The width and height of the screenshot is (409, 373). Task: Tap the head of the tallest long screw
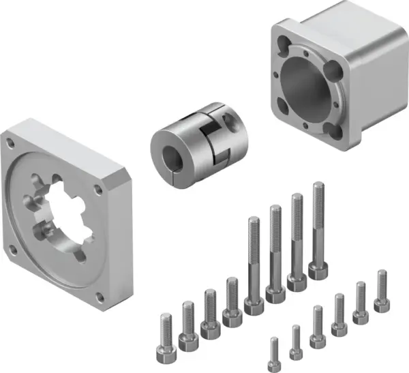[318, 271]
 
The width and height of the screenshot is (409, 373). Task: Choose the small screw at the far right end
[380, 305]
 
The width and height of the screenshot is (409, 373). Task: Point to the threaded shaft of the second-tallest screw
[297, 232]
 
